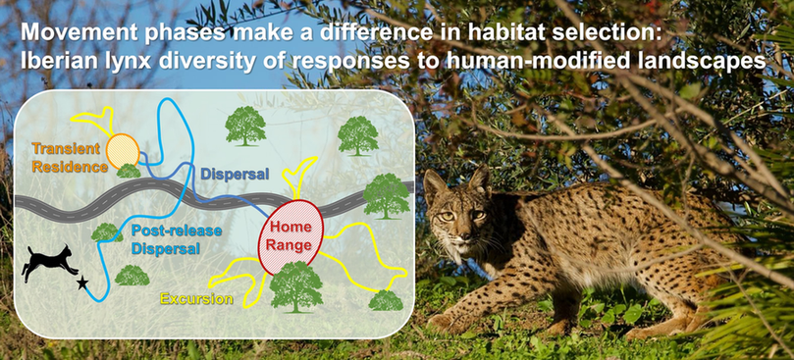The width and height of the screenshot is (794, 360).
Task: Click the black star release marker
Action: click(82, 283)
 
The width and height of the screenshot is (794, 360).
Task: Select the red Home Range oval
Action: click(291, 233)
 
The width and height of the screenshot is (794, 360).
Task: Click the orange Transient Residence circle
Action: click(123, 150)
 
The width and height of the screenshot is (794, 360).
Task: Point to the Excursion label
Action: click(196, 299)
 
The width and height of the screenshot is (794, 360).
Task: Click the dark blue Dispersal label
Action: click(235, 174)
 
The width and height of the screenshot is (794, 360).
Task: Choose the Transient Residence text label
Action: click(70, 158)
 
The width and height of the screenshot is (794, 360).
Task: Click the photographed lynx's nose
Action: click(461, 235)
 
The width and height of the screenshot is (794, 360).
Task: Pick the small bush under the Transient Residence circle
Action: click(129, 171)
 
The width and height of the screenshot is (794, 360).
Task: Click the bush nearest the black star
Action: click(132, 276)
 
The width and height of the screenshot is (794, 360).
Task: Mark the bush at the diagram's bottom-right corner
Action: click(386, 300)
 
